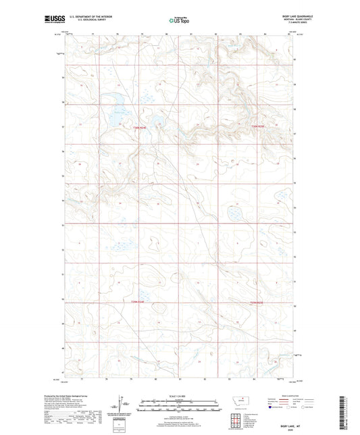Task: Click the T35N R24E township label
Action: tap(138, 301)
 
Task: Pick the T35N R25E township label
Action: tap(261, 302)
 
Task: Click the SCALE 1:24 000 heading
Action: tap(179, 396)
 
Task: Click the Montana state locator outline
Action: tap(242, 401)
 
